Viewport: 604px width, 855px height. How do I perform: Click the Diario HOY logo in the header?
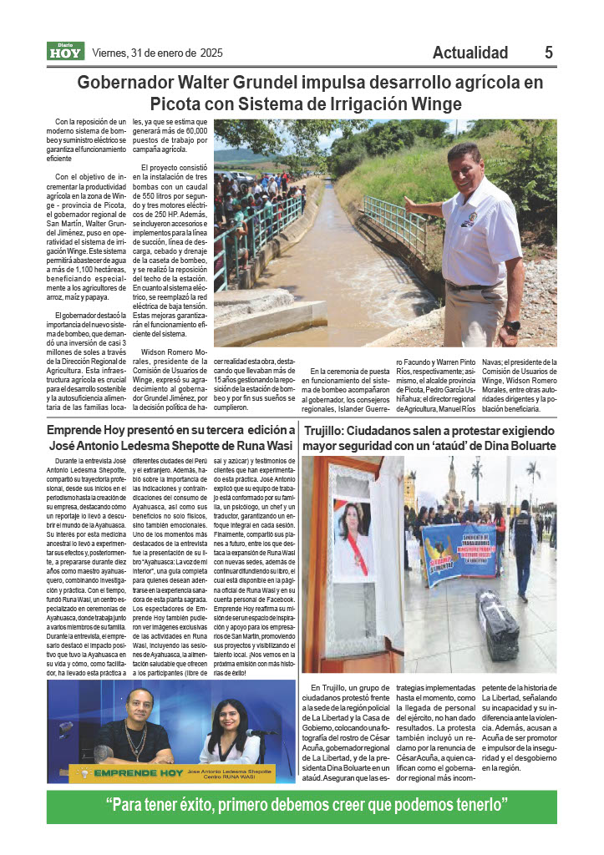[x=65, y=52]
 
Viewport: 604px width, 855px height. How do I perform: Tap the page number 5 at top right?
[x=549, y=53]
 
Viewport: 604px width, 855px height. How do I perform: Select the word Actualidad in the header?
[x=470, y=53]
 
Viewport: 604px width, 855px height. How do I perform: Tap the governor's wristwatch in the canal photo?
[x=512, y=325]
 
